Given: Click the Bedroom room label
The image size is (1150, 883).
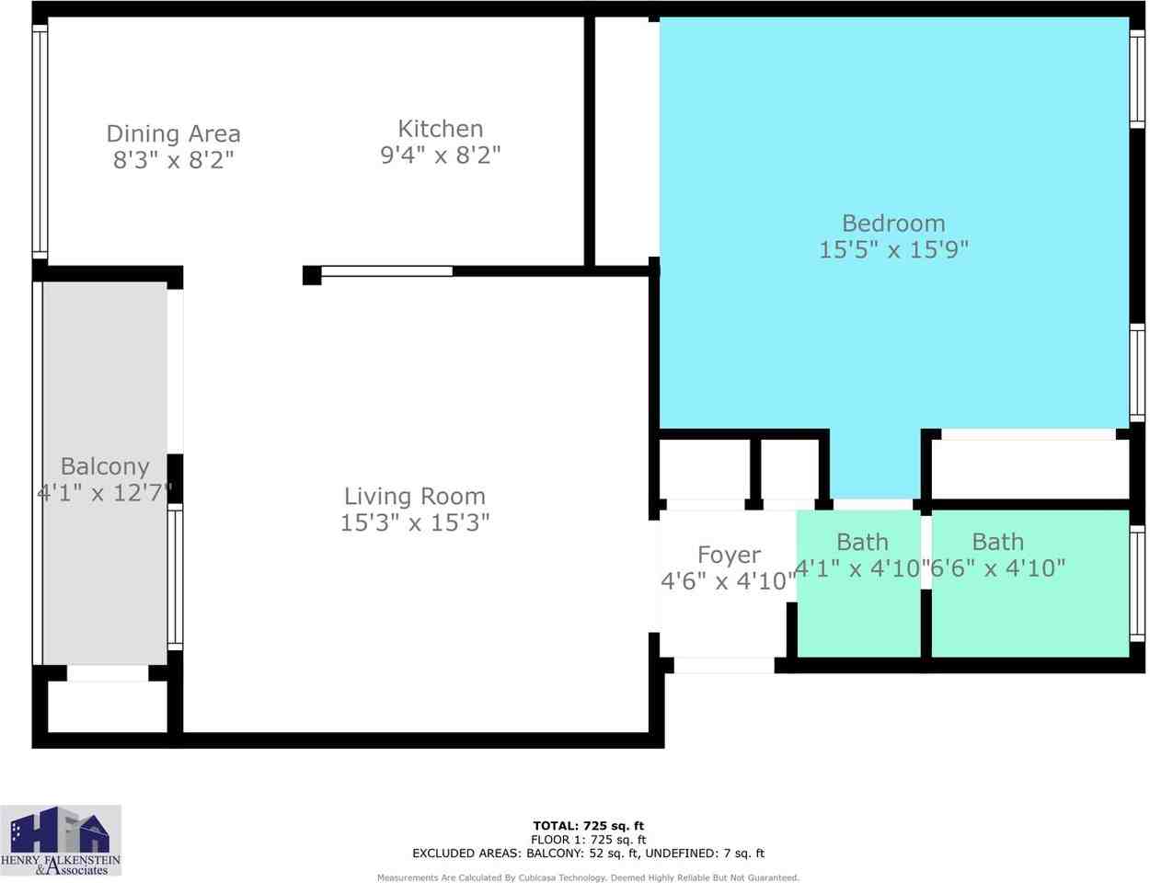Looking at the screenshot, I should tap(893, 224).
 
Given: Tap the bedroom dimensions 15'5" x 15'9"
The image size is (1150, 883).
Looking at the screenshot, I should tap(893, 249).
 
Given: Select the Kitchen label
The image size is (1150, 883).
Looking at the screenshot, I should tap(440, 129).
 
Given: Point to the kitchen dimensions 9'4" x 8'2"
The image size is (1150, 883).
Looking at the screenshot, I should tap(440, 155).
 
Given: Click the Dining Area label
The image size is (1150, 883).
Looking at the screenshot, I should tap(173, 134).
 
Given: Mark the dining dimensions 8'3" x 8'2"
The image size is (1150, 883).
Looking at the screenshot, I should tap(173, 160).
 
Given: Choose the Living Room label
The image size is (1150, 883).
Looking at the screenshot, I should tap(414, 497).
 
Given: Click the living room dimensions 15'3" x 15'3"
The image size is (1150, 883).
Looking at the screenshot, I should tap(414, 523).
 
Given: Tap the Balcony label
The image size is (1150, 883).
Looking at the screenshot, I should tap(105, 466).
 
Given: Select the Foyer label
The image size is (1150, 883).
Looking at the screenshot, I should tap(729, 555).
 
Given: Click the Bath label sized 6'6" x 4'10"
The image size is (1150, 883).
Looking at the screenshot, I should tap(997, 542).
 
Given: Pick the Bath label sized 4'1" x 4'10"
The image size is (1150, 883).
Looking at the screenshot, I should tap(862, 542).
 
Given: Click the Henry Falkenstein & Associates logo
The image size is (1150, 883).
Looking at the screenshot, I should tap(61, 840).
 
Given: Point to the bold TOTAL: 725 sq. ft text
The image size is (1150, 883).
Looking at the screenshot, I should tap(588, 826).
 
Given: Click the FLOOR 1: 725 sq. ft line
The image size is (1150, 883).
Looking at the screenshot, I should tap(588, 840).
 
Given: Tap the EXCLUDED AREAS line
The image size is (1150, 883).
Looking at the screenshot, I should tap(588, 854).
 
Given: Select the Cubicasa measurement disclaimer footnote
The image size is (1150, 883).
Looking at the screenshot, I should tap(588, 877).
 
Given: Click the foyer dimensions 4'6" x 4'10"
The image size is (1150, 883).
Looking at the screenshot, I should tap(729, 581).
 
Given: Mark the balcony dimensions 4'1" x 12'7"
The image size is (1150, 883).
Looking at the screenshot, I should tap(105, 493).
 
